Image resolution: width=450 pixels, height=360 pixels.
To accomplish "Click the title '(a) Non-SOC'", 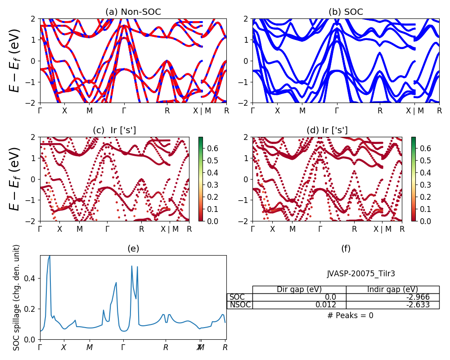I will [x=133, y=12].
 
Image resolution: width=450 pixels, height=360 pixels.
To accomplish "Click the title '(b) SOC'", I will [x=346, y=12].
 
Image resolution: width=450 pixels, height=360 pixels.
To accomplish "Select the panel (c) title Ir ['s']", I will [x=114, y=130].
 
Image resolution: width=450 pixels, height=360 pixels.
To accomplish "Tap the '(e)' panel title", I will [x=133, y=249].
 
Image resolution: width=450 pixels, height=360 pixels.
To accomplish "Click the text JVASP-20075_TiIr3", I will [x=361, y=274].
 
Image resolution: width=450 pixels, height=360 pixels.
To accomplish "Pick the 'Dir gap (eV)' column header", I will [x=299, y=289].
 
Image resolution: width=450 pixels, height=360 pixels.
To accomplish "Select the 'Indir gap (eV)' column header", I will [x=392, y=289].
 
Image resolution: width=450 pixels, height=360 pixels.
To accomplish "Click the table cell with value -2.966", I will [x=392, y=297].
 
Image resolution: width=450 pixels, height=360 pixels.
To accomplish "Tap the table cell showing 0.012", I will [x=299, y=305].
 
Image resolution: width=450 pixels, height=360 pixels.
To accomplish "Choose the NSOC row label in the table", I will [x=239, y=305].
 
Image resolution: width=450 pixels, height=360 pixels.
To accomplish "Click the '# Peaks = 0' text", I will [x=350, y=315].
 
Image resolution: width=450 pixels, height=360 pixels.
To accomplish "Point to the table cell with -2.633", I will [x=392, y=305].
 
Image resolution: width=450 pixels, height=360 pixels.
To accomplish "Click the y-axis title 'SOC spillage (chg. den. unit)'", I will [x=17, y=297].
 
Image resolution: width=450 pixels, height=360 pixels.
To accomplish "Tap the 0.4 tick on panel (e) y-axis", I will [x=31, y=279].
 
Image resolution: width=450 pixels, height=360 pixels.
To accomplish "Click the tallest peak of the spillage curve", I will [x=49, y=256].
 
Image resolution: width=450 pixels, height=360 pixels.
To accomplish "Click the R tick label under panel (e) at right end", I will [x=225, y=347].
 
